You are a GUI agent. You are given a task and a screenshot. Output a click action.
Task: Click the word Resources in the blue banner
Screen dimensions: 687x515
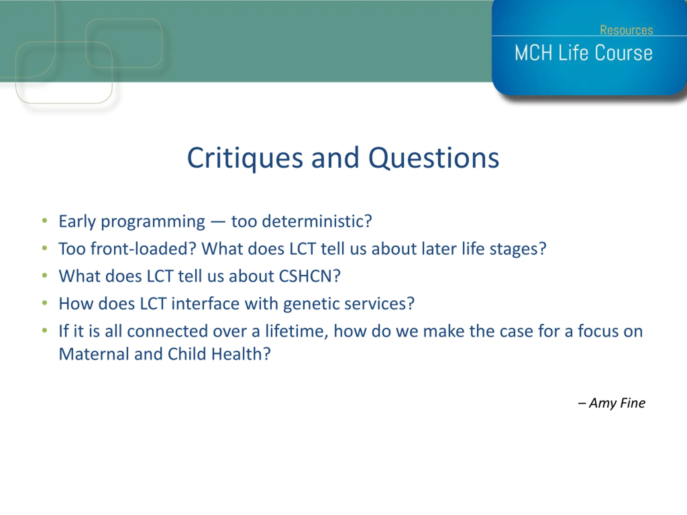pyautogui.click(x=626, y=30)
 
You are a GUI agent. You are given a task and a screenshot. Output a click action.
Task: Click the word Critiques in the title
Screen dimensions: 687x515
pyautogui.click(x=245, y=158)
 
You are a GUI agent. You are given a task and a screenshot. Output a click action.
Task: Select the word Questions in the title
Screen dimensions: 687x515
pyautogui.click(x=434, y=158)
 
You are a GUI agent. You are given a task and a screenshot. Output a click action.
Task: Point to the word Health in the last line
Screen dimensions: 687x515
pyautogui.click(x=237, y=354)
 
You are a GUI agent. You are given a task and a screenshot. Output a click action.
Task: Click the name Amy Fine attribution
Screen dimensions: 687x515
pyautogui.click(x=617, y=403)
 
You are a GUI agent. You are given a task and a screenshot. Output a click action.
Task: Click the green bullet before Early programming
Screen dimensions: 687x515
pyautogui.click(x=45, y=221)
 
